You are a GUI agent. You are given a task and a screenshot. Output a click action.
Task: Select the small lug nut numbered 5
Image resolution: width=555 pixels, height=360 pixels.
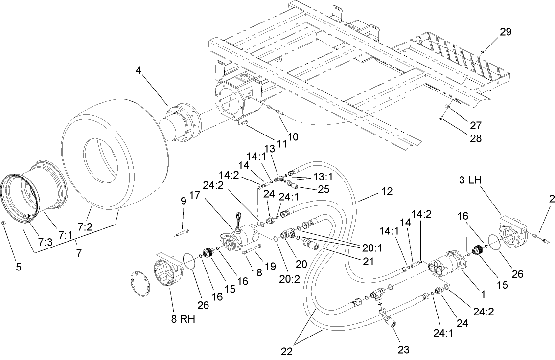(4, 223)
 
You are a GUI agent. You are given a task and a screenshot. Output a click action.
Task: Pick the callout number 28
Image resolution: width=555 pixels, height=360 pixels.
(462, 139)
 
